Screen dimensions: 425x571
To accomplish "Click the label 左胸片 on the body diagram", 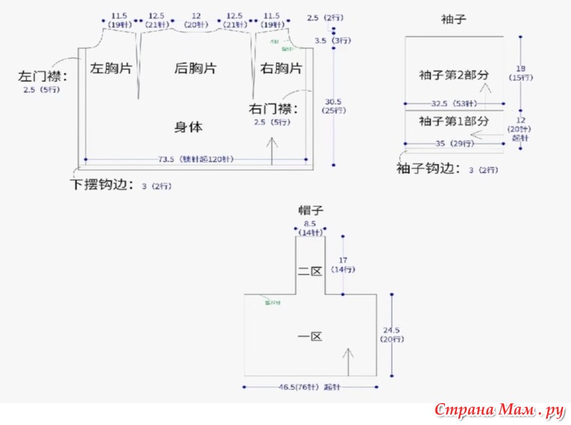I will (111, 69).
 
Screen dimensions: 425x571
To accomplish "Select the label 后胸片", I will (195, 69).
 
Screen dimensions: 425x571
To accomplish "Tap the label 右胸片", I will (281, 69).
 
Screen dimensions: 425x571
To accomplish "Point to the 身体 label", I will (189, 127).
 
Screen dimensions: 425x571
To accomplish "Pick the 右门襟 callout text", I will (274, 108).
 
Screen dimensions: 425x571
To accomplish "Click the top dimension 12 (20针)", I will (196, 19).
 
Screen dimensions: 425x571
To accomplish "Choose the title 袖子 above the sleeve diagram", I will (454, 19).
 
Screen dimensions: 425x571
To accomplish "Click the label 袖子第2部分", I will (454, 74).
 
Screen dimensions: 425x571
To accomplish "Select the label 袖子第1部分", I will (454, 121).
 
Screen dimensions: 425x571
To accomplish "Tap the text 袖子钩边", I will (428, 169).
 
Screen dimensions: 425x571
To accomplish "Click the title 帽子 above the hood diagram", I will (310, 211).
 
